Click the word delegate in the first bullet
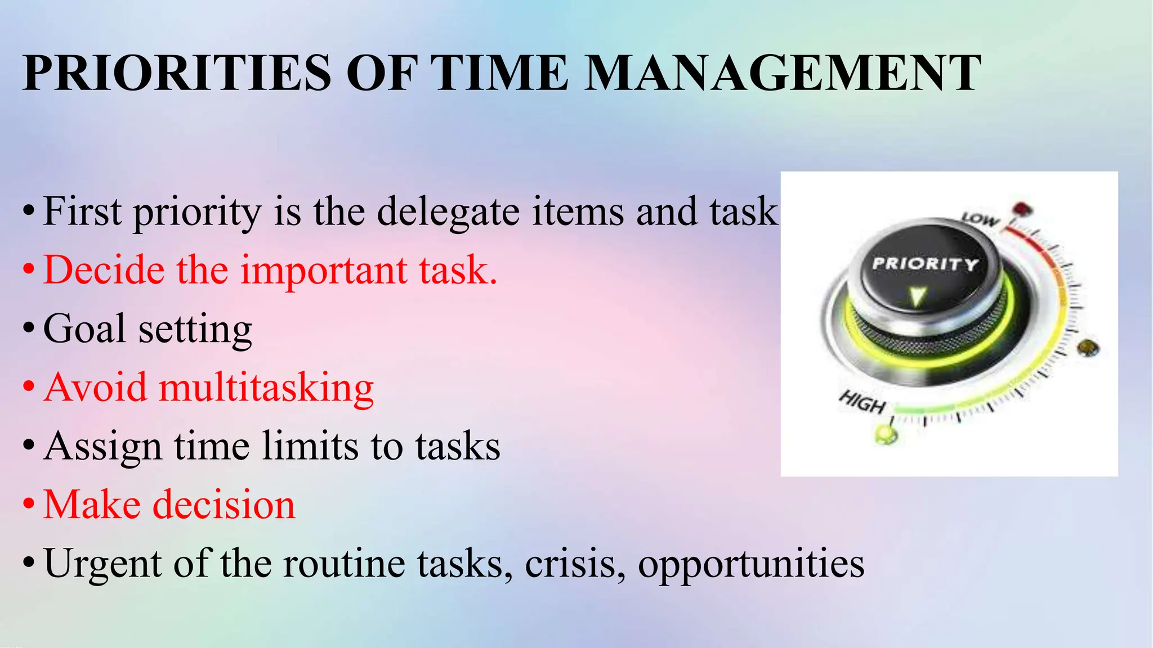[448, 213]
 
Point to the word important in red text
[324, 271]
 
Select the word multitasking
[266, 388]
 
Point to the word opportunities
[751, 564]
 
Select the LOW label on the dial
[980, 218]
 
